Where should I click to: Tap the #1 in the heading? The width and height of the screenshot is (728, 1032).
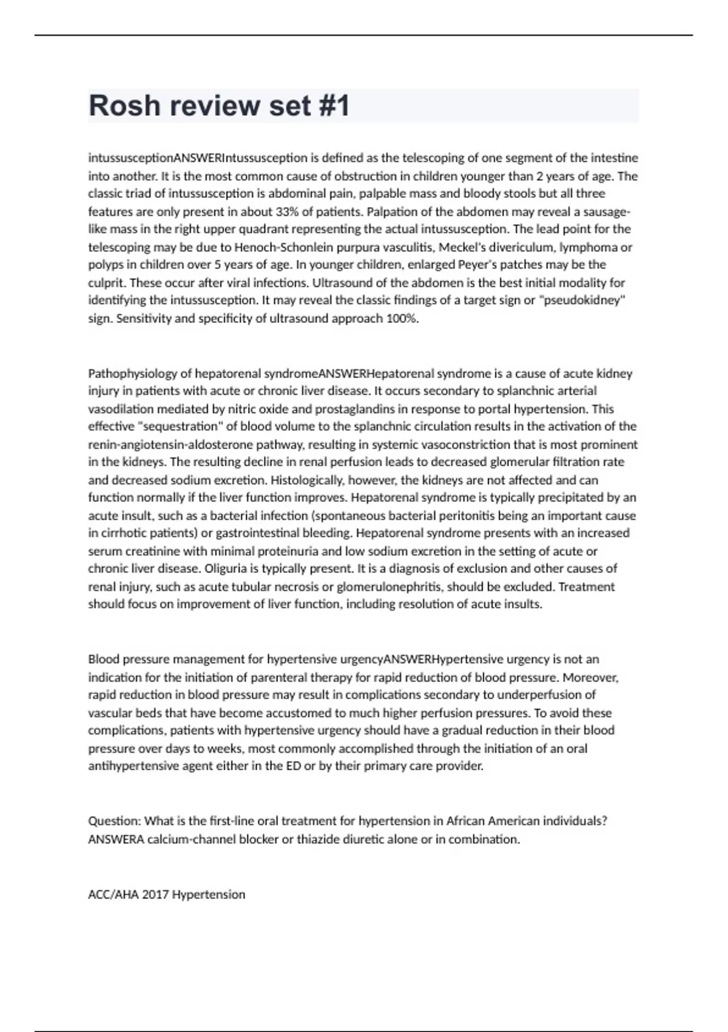(x=333, y=106)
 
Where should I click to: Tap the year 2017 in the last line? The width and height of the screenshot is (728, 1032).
(x=155, y=895)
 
